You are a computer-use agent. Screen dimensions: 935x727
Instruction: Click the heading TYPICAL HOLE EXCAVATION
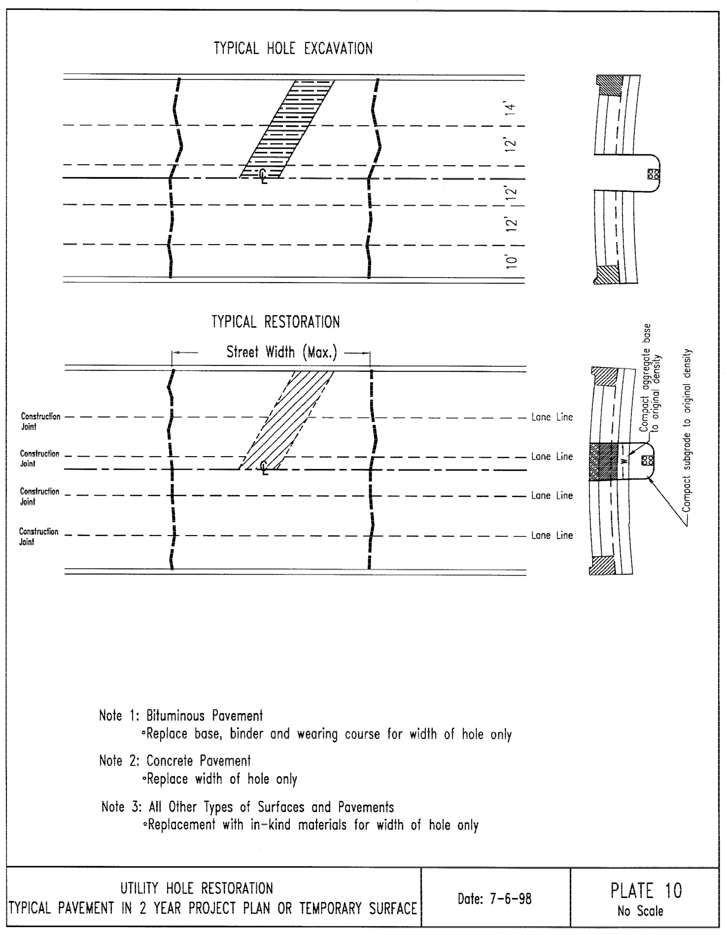point(293,49)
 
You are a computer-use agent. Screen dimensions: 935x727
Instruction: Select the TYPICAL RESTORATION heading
point(276,323)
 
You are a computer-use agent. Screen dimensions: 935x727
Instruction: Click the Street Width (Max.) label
point(281,353)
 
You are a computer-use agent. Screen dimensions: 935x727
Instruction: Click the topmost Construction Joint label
point(40,421)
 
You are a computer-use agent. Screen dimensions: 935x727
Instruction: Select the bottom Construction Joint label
point(38,537)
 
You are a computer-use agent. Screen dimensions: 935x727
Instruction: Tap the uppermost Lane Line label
point(552,417)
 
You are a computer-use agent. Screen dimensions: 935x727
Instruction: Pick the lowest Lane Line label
point(552,536)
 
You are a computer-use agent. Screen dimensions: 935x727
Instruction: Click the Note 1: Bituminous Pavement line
point(181,716)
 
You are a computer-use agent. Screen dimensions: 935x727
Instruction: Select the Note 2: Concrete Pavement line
point(175,761)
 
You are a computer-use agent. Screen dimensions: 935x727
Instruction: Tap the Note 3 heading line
point(247,807)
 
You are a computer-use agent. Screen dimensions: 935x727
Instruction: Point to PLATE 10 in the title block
point(646,891)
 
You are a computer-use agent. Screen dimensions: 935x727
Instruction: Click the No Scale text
point(640,911)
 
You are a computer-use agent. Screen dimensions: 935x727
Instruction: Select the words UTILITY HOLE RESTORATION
point(197,888)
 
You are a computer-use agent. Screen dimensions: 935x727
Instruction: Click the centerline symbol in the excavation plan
point(264,175)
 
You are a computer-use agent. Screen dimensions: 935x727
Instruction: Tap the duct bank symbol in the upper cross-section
point(654,174)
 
